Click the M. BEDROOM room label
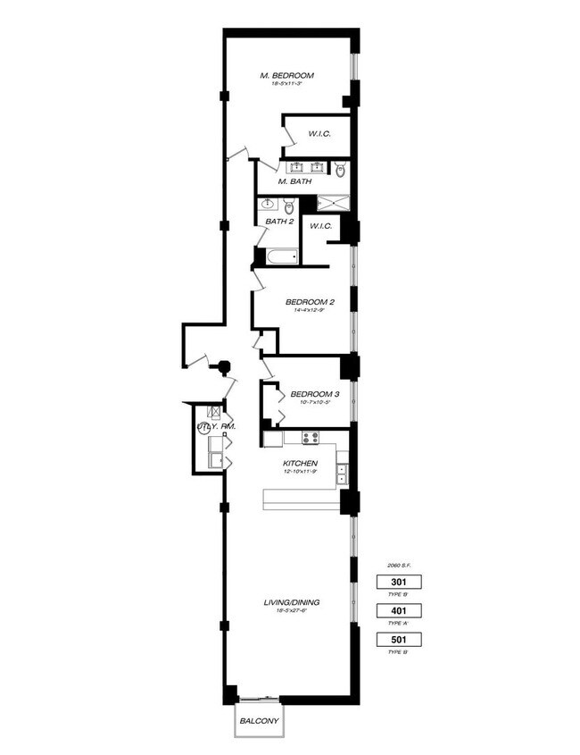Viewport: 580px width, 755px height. [288, 75]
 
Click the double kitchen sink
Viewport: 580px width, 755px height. [342, 474]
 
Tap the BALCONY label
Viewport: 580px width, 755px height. [259, 721]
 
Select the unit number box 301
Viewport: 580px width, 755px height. [397, 582]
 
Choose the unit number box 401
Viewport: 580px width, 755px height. [397, 611]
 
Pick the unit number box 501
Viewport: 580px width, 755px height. [397, 640]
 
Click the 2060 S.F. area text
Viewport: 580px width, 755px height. [397, 566]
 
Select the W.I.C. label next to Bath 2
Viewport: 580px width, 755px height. [321, 226]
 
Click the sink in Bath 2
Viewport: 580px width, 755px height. [269, 205]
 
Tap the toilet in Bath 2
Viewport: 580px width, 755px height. [288, 206]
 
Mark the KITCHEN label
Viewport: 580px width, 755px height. [301, 464]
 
